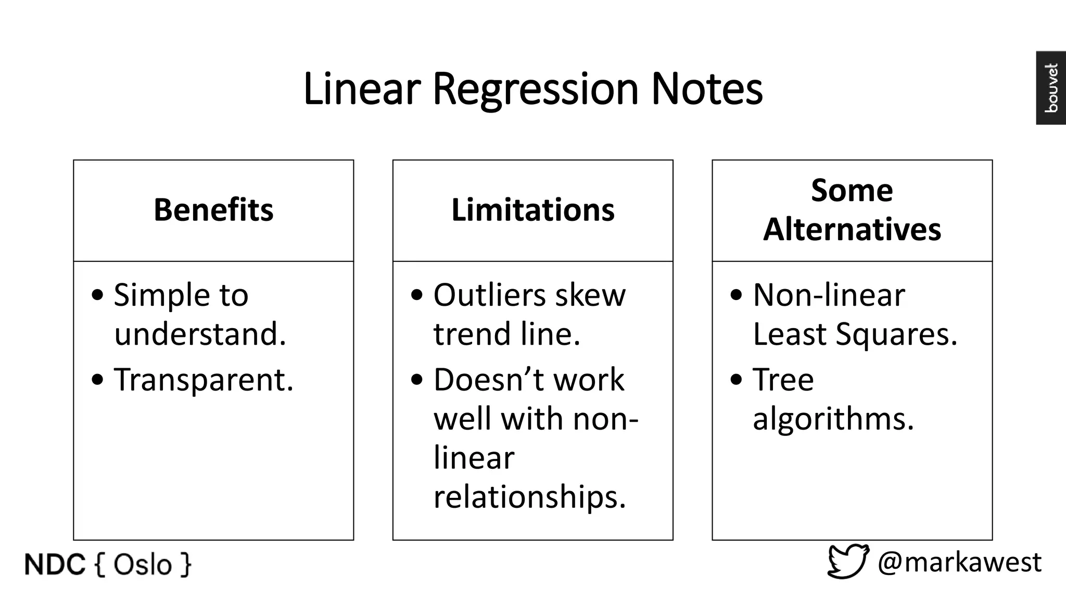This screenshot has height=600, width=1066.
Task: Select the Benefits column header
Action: pyautogui.click(x=213, y=210)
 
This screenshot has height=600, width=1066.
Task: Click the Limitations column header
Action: pyautogui.click(x=533, y=210)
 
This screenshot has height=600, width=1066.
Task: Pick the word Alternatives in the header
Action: pyautogui.click(x=852, y=229)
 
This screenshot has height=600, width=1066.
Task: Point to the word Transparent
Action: pyautogui.click(x=204, y=380)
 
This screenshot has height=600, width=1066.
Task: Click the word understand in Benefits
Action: pyautogui.click(x=200, y=334)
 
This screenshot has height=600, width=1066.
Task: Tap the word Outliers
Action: pyautogui.click(x=489, y=295)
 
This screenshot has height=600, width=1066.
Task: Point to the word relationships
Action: pyautogui.click(x=529, y=497)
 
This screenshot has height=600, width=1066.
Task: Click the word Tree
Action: pyautogui.click(x=783, y=380)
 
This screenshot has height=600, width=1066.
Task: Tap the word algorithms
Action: pyautogui.click(x=833, y=419)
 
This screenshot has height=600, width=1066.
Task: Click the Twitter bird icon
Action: pyautogui.click(x=848, y=561)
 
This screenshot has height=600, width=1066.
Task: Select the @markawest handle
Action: pyautogui.click(x=959, y=562)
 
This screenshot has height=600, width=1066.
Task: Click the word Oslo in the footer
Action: pyautogui.click(x=142, y=565)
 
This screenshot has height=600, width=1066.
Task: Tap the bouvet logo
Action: pyautogui.click(x=1051, y=88)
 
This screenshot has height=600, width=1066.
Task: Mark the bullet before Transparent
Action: pyautogui.click(x=97, y=380)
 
